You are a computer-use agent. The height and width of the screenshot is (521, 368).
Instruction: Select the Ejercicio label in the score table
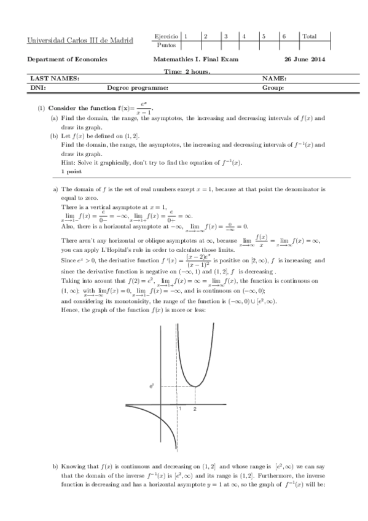[x=166, y=36]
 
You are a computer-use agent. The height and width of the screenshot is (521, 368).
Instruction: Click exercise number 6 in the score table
[x=284, y=36]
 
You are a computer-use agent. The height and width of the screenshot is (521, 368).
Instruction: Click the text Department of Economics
[x=68, y=60]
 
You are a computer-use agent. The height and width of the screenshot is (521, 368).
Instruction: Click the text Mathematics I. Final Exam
[x=196, y=60]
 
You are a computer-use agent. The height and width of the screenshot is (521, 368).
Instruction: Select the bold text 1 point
[x=74, y=171]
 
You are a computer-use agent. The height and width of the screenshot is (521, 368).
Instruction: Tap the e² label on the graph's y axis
[x=151, y=386]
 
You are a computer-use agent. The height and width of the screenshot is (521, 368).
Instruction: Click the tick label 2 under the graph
[x=195, y=409]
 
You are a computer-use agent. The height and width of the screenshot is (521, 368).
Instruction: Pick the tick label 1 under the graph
[x=179, y=409]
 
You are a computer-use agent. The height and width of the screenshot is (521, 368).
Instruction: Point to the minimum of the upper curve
[x=195, y=386]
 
